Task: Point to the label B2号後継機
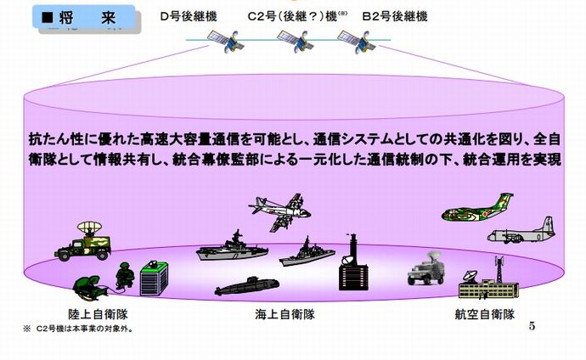[384, 16]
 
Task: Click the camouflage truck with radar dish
[85, 240]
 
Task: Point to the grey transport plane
[521, 230]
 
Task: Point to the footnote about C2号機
[77, 328]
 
